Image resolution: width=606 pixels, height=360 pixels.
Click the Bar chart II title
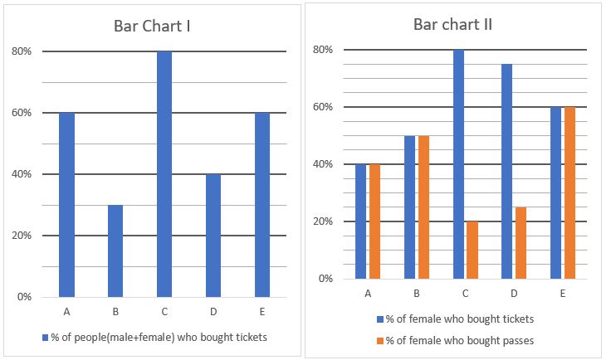(x=452, y=23)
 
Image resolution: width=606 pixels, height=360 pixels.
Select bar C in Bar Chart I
(x=164, y=173)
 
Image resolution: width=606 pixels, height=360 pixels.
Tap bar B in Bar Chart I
(x=115, y=251)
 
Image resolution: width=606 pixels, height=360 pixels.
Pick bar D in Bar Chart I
(x=213, y=235)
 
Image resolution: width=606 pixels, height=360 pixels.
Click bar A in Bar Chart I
(x=66, y=204)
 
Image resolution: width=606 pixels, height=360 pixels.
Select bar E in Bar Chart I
(x=261, y=204)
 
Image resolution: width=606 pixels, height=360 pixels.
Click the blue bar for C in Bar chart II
(x=458, y=164)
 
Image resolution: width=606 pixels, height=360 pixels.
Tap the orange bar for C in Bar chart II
(x=472, y=250)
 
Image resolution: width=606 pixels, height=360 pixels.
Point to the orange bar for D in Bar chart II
(x=520, y=242)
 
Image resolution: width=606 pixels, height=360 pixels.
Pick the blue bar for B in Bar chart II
(x=409, y=207)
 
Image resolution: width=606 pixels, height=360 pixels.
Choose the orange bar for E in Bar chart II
(x=569, y=192)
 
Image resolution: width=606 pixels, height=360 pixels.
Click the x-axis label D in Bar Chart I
(x=213, y=311)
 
